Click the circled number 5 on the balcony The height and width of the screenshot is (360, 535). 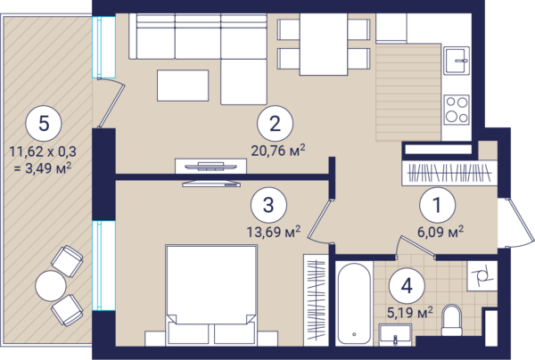[44, 123]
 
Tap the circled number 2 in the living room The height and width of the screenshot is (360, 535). [275, 123]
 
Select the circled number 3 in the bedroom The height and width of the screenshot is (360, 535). [268, 205]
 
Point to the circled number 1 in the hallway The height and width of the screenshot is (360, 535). [438, 205]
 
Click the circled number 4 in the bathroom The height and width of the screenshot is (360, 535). [407, 286]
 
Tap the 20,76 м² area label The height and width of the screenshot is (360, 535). [278, 151]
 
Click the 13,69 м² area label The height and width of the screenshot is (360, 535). [274, 232]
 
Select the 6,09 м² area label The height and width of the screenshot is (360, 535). [440, 232]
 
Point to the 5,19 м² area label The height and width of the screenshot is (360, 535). [410, 312]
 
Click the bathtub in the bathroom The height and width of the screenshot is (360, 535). [354, 304]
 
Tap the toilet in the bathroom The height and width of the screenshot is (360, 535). [451, 320]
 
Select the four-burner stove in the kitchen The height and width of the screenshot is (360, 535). [457, 110]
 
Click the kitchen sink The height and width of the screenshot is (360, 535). [457, 61]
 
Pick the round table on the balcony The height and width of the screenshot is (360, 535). [51, 286]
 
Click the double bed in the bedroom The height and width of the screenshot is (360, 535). [210, 295]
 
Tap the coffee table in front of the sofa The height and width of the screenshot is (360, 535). [183, 86]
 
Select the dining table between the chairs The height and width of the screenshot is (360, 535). [324, 44]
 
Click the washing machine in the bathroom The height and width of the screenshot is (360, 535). [482, 276]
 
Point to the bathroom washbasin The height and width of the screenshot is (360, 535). [395, 335]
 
